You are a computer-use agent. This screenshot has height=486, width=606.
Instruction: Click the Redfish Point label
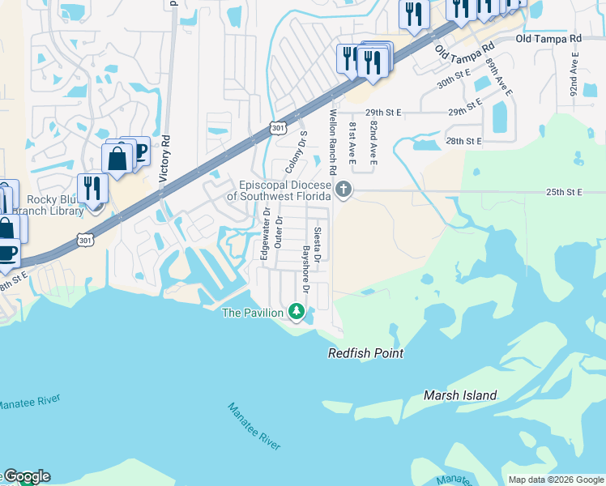coord(365,353)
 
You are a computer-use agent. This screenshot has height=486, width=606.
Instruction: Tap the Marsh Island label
coord(460,395)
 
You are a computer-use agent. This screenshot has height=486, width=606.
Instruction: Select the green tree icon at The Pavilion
coord(297,312)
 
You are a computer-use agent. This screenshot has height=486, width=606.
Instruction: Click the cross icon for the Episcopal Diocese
coord(344,190)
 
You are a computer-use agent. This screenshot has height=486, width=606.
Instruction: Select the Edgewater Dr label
coord(264,234)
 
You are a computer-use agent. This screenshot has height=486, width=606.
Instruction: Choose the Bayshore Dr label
coord(305,269)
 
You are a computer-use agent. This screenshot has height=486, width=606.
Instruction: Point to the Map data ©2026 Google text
coord(556,480)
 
